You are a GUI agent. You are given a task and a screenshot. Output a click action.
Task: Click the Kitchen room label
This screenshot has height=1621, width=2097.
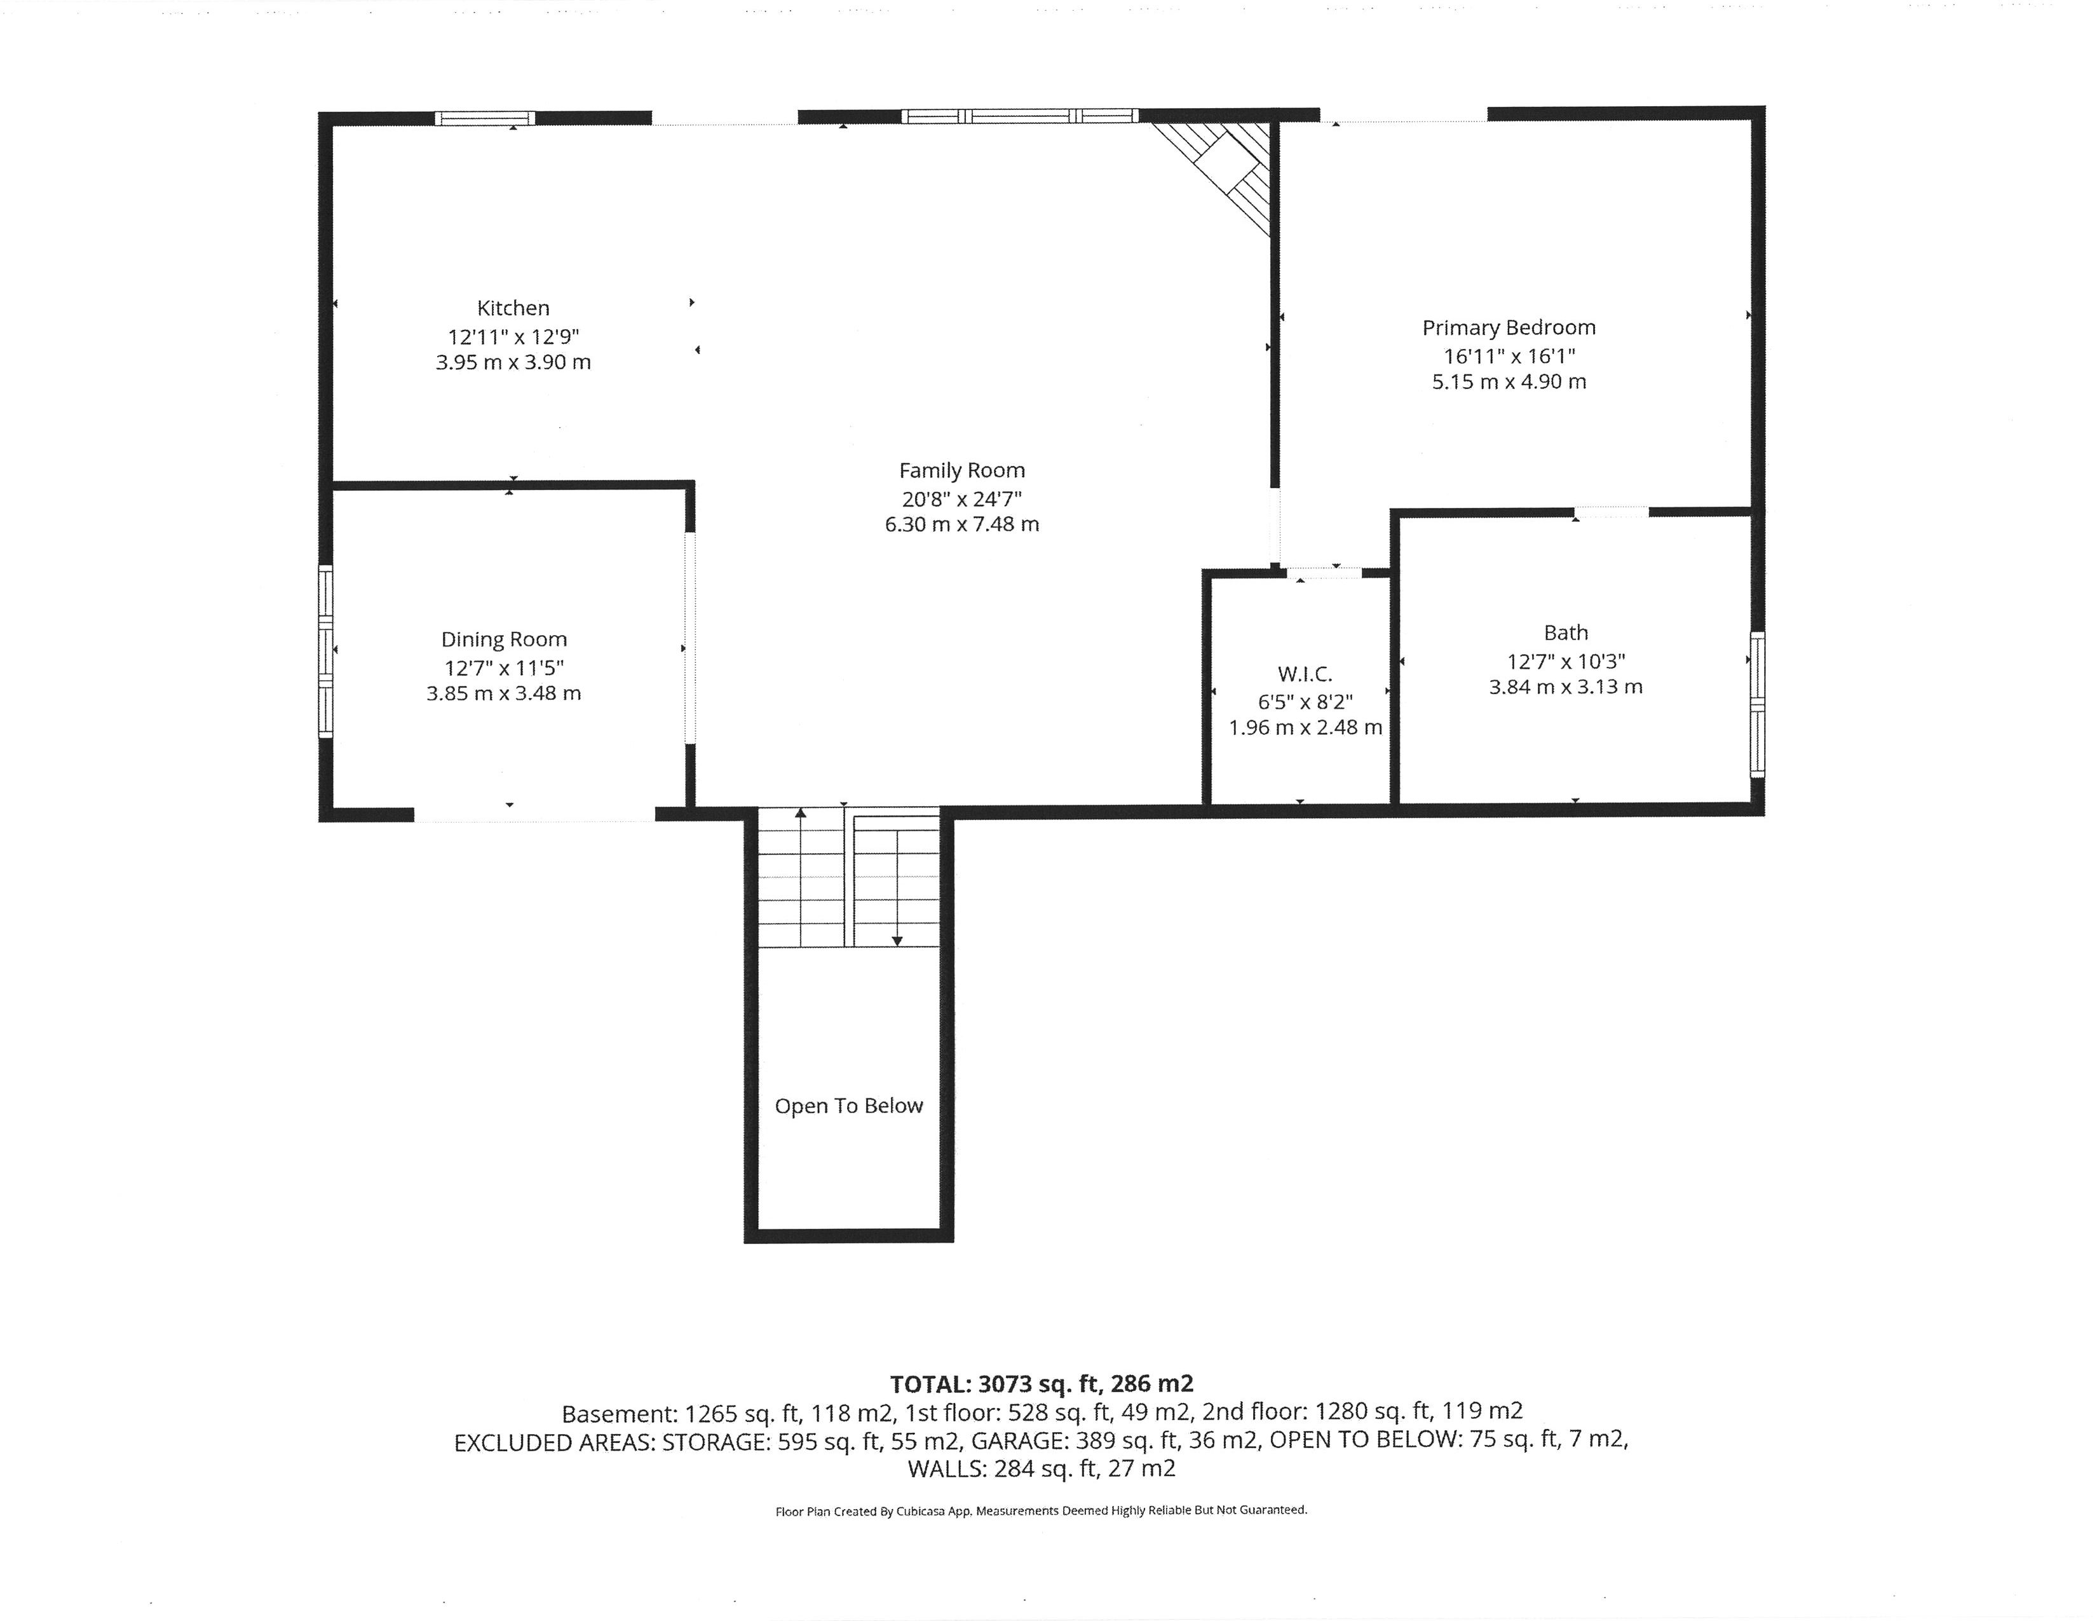(513, 308)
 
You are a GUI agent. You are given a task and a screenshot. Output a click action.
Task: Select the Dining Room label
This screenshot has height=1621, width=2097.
(504, 640)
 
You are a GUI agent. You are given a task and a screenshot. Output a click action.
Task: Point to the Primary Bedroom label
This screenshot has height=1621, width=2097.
(1509, 327)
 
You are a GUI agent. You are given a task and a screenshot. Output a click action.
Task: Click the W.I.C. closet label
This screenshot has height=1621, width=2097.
(1305, 674)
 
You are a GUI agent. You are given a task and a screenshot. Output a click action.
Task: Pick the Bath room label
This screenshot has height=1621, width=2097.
(1566, 633)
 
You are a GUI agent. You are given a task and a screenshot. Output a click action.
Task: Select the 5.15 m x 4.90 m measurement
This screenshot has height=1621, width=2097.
(1509, 381)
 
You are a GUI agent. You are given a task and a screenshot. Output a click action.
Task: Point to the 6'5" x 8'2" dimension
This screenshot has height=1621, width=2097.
(1305, 702)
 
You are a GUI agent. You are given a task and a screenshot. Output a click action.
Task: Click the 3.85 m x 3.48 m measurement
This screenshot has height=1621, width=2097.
(504, 694)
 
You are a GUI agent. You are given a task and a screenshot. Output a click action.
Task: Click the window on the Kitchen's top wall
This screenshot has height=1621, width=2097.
(485, 118)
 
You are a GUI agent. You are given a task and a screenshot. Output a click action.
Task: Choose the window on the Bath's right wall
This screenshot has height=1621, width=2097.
(1757, 704)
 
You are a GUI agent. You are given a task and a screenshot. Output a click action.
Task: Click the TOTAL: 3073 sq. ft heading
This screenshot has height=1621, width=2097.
(1042, 1384)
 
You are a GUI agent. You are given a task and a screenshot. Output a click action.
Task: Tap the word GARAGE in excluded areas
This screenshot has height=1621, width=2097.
(1017, 1440)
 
